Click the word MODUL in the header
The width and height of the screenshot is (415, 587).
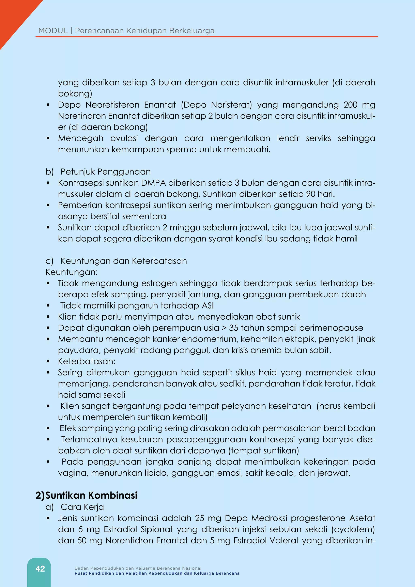(53, 31)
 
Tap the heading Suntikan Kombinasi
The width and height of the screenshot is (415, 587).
(91, 495)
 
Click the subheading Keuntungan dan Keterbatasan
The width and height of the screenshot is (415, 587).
(124, 261)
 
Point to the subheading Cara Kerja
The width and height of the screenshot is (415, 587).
(82, 507)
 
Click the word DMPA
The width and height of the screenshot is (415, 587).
(153, 183)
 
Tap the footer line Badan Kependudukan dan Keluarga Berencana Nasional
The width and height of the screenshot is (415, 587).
(138, 568)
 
